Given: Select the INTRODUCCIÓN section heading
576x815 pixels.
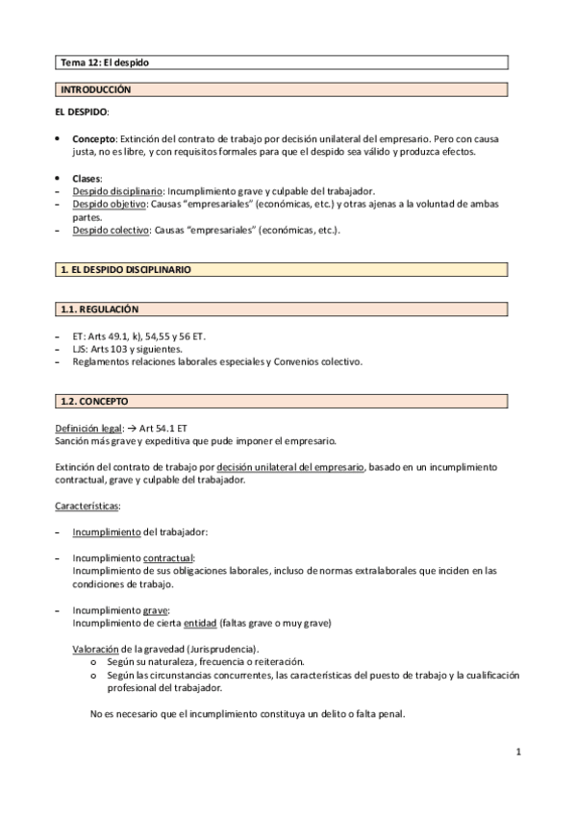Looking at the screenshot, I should tap(95, 89).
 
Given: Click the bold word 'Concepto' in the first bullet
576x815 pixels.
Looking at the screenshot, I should tap(94, 138).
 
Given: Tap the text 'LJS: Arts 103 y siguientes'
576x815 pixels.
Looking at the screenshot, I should tap(128, 349).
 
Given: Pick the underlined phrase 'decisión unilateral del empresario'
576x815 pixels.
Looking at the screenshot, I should tap(291, 466).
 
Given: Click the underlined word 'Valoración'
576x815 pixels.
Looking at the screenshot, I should tap(97, 649).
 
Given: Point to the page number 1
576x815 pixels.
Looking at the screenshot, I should tap(517, 753).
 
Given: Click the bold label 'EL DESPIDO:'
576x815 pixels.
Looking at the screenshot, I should tap(82, 112).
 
